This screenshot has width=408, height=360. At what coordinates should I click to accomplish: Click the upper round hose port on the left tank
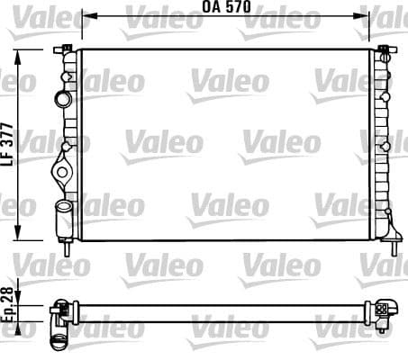(x=62, y=97)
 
